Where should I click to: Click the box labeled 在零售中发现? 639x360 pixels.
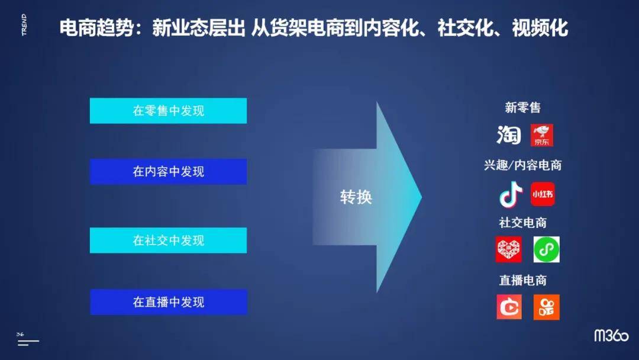click(168, 111)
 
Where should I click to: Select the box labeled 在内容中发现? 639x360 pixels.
click(168, 172)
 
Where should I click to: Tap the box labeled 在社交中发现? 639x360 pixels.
click(168, 240)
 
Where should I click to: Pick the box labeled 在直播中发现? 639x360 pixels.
click(168, 302)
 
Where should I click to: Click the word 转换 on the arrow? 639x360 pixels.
click(356, 197)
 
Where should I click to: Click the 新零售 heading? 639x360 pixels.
click(522, 108)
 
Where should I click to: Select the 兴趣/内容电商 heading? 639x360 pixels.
click(522, 165)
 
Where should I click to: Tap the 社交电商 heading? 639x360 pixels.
click(522, 223)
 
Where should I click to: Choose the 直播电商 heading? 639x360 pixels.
click(522, 280)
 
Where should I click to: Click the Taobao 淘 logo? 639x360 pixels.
click(509, 135)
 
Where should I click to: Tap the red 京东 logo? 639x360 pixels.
click(542, 136)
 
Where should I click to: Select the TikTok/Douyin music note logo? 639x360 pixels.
click(511, 194)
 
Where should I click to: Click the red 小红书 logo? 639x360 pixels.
click(543, 194)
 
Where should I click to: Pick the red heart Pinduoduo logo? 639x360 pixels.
click(509, 250)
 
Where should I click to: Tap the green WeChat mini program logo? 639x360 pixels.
click(546, 250)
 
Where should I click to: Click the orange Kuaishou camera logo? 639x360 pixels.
click(546, 307)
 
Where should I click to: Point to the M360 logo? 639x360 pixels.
click(611, 336)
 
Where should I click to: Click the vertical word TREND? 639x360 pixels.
click(24, 25)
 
